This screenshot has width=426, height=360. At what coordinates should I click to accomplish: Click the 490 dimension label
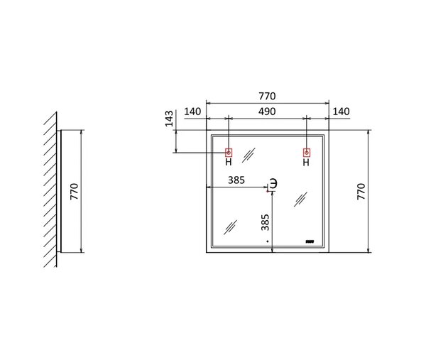[267, 111]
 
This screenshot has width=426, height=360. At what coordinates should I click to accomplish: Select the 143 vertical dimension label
[169, 119]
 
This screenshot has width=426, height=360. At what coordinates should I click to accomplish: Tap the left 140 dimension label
[192, 111]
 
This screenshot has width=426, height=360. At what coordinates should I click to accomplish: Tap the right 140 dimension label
[342, 111]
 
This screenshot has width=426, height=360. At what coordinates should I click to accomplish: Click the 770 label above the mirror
[267, 96]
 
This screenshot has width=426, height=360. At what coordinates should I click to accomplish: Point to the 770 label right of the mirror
[361, 192]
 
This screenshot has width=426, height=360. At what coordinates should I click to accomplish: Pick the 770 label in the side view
[74, 192]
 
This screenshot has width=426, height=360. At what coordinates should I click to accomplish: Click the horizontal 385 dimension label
[236, 180]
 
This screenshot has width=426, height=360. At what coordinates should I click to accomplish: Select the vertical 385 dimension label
[265, 222]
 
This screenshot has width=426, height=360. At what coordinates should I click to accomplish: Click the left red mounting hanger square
[229, 153]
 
